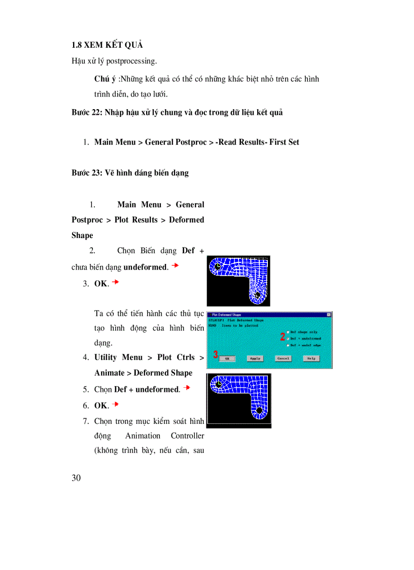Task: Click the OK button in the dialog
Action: coord(228,358)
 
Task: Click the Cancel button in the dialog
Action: coord(283,358)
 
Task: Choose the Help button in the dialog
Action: coord(310,358)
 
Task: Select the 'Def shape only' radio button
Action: coord(288,332)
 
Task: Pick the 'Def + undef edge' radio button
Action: coord(288,345)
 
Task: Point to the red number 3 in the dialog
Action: coord(216,355)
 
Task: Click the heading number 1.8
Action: coord(77,45)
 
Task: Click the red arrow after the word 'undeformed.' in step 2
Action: coord(175,265)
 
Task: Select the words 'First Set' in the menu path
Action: coord(284,142)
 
